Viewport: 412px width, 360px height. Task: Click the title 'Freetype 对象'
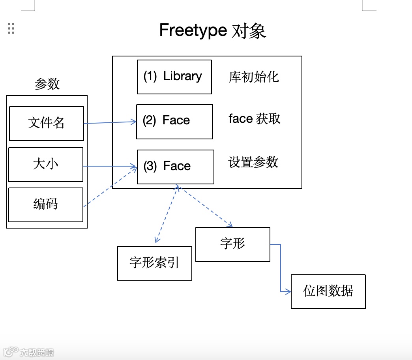click(212, 30)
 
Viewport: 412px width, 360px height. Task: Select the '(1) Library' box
click(174, 77)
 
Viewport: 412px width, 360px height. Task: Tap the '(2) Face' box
click(174, 122)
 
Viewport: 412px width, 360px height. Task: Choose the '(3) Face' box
click(175, 167)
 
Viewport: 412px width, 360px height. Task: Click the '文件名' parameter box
click(47, 123)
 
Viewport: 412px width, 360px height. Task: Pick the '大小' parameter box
click(46, 164)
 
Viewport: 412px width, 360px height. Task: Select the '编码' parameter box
click(46, 204)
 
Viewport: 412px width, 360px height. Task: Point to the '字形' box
click(233, 244)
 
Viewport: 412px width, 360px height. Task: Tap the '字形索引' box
click(155, 263)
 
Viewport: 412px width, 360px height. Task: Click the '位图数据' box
click(328, 291)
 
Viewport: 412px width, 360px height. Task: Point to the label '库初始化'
click(254, 77)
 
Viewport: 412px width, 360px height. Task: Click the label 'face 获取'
click(255, 119)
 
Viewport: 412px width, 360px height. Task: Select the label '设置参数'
click(253, 162)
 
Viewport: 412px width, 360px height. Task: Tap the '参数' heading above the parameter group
click(47, 84)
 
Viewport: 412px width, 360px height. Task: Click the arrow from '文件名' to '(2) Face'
click(110, 123)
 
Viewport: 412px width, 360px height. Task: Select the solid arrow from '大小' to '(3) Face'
click(110, 166)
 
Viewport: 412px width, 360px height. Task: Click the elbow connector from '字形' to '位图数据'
click(281, 268)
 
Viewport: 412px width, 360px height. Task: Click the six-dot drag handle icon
click(11, 28)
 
